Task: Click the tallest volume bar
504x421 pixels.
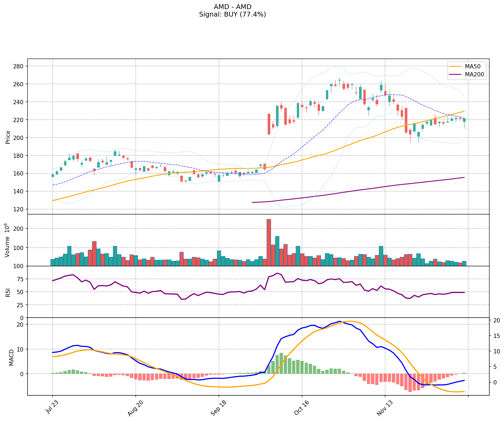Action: click(269, 242)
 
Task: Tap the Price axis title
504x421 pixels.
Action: click(8, 137)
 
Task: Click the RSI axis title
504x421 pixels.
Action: click(8, 292)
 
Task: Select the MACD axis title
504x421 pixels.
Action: click(11, 357)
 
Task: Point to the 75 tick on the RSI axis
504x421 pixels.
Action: click(21, 279)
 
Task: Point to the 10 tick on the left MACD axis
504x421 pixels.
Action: click(21, 349)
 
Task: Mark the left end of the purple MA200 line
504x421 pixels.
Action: click(252, 202)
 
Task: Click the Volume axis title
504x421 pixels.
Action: click(8, 240)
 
